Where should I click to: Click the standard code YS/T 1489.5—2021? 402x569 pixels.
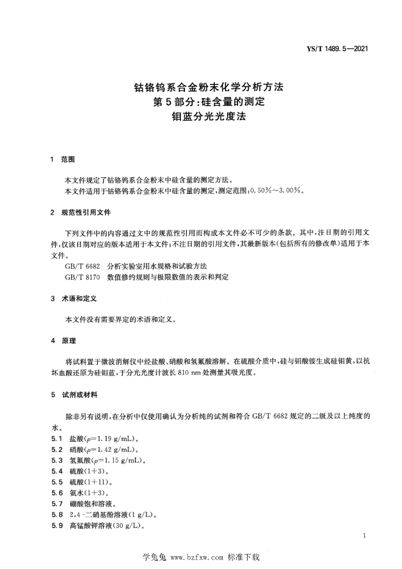pos(338,48)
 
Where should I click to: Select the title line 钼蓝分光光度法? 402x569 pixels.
pos(206,117)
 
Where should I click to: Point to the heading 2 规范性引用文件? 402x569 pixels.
pos(81,212)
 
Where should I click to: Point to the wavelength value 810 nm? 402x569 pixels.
pos(187,373)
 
